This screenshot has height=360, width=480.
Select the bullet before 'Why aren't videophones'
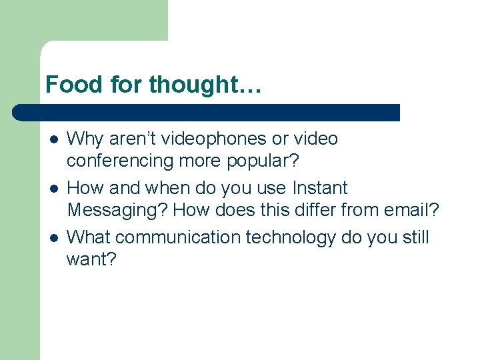(54, 140)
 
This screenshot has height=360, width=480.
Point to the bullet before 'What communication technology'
(54, 238)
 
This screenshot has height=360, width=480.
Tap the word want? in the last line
(91, 260)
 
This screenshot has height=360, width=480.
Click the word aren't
(131, 139)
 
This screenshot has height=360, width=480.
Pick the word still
(414, 237)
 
